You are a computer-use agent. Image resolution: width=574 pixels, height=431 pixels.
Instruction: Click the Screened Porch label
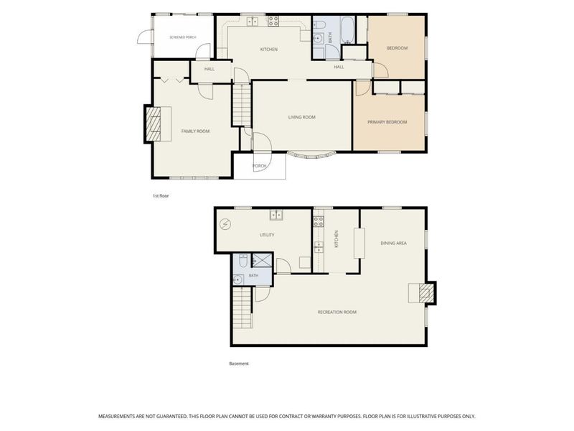(183, 37)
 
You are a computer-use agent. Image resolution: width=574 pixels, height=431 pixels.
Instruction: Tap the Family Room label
(195, 131)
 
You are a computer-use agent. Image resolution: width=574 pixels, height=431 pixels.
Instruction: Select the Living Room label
(301, 117)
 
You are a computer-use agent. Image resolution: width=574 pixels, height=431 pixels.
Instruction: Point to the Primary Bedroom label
(387, 122)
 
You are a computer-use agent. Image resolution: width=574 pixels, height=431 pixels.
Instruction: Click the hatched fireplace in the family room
(154, 124)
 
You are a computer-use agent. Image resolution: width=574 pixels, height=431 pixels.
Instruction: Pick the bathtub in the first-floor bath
(347, 29)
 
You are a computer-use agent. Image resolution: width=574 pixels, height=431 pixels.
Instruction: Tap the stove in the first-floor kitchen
(273, 21)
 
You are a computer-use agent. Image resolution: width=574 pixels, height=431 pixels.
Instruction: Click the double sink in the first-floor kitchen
(253, 22)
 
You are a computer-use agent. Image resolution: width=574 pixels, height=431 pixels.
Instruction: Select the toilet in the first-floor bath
(319, 25)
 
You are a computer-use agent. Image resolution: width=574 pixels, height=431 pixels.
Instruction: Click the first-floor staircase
(241, 104)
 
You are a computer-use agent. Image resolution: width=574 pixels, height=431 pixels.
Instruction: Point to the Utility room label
(267, 235)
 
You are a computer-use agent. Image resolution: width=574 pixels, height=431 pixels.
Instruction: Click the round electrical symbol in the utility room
(225, 224)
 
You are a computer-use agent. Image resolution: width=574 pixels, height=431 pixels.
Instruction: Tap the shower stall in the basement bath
(262, 259)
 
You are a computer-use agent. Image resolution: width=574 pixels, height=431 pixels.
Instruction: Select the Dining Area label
(393, 243)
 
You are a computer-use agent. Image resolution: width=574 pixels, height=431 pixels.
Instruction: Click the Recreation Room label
(337, 312)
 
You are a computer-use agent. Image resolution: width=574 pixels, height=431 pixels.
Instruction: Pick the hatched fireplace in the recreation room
(425, 293)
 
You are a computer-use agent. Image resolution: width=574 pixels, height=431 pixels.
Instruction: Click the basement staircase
(243, 308)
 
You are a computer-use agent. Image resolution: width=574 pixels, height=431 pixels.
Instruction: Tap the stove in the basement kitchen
(318, 221)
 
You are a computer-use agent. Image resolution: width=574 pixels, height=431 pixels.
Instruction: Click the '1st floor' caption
(161, 195)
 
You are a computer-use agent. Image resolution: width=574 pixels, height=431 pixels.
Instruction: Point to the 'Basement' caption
(239, 363)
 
